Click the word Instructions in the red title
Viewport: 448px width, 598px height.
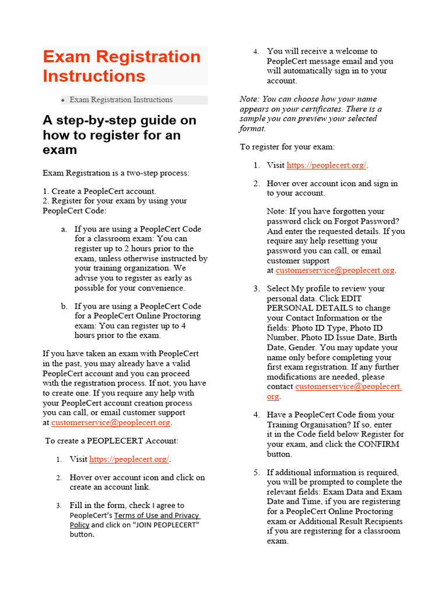[94, 76]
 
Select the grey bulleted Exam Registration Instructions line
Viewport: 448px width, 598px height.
[121, 100]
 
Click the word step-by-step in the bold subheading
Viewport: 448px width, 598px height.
[94, 120]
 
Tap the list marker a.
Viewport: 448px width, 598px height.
[64, 230]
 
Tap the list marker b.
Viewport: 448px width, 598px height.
[64, 306]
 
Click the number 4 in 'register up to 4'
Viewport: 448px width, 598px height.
[184, 326]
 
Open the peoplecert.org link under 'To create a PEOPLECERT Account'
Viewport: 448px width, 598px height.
[129, 460]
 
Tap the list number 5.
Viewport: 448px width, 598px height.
[256, 472]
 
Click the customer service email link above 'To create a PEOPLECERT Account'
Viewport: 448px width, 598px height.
[110, 423]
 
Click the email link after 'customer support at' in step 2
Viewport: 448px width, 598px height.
[335, 270]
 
